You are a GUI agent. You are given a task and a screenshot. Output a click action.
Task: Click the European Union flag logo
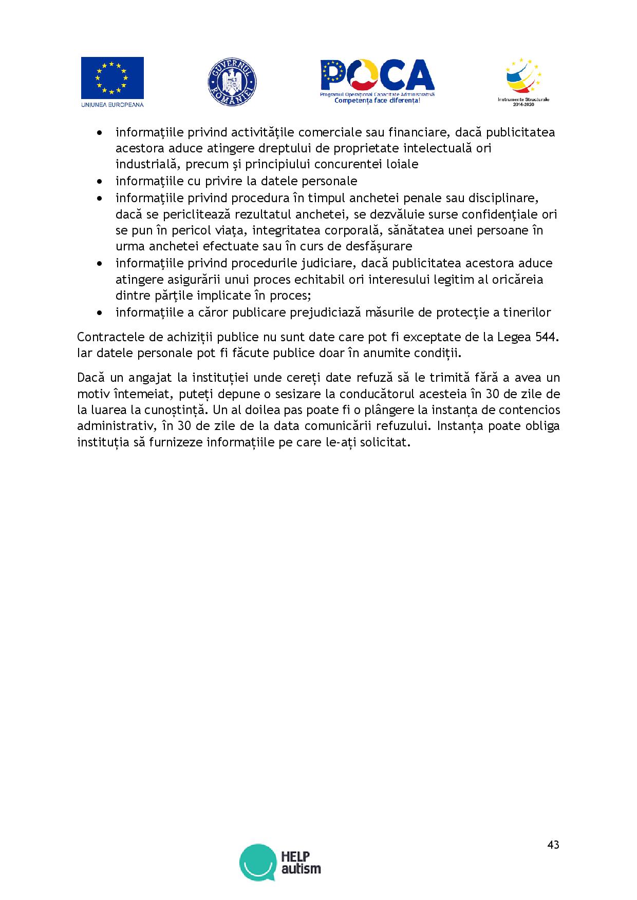coord(112,77)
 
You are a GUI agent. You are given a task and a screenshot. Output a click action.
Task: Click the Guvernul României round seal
coord(232,82)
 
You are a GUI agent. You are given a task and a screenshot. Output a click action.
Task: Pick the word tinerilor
coord(526,312)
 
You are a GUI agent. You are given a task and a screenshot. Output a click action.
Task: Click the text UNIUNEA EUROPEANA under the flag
coord(112,104)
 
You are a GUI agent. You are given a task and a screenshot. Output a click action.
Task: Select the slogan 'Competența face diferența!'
coord(377,101)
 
